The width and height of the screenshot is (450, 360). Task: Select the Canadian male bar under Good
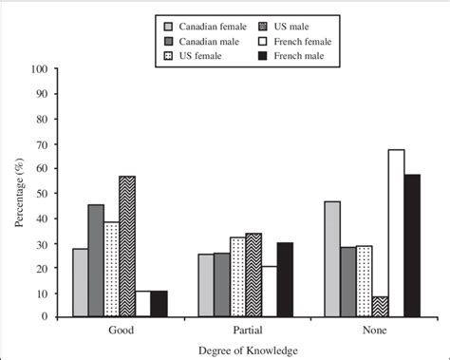(96, 260)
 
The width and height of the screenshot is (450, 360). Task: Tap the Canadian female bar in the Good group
(81, 282)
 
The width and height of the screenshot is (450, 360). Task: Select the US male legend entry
(313, 27)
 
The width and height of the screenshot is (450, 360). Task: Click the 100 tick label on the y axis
(40, 69)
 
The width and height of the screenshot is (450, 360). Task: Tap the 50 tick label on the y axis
(43, 193)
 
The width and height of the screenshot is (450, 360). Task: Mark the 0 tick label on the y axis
(46, 316)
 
